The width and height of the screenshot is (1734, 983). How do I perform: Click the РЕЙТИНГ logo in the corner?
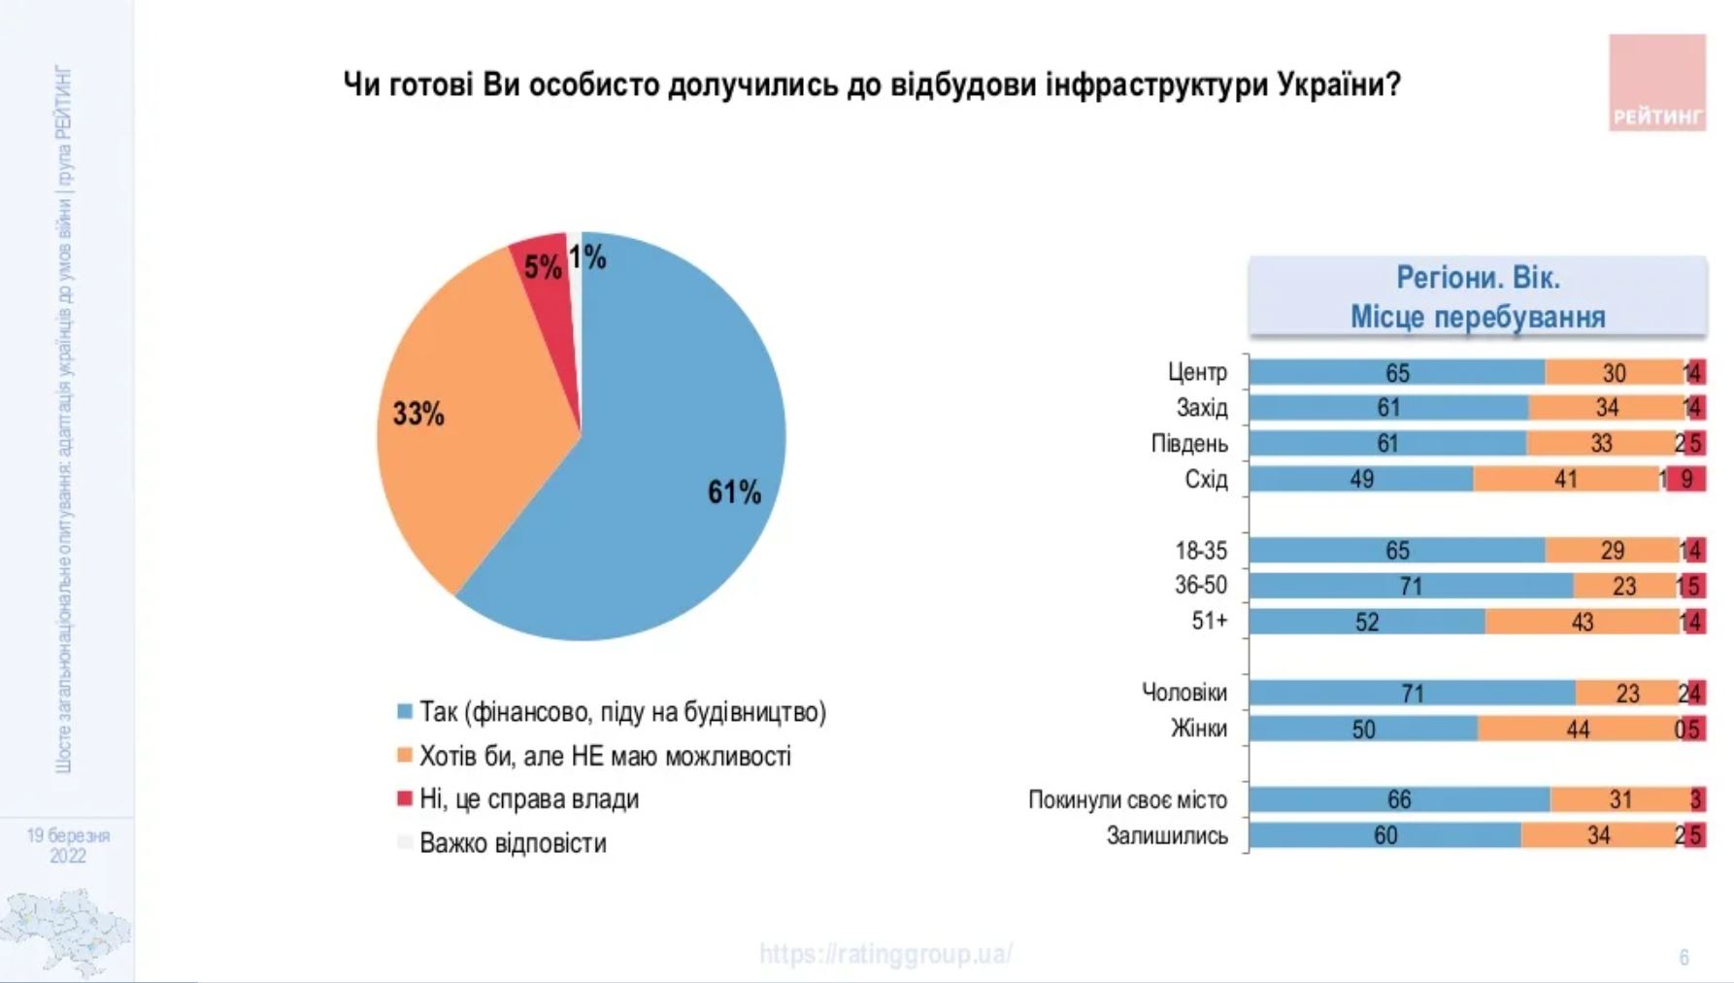(x=1656, y=84)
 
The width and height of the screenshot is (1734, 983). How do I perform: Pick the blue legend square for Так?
(x=405, y=712)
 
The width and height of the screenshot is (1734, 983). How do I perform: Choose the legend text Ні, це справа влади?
(x=529, y=799)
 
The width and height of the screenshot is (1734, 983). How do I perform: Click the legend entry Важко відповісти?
(x=513, y=843)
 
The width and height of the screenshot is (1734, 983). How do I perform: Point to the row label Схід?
(x=1206, y=479)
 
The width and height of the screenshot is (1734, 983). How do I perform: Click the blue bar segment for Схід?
(x=1360, y=479)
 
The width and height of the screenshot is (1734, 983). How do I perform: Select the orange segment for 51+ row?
(x=1582, y=622)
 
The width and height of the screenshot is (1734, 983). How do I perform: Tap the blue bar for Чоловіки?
(x=1412, y=693)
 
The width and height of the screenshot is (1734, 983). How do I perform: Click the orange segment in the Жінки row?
(x=1578, y=729)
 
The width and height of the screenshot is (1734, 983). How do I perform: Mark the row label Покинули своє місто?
(x=1127, y=799)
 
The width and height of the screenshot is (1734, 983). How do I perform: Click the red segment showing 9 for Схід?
(x=1687, y=479)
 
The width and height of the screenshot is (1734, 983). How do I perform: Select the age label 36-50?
(x=1201, y=586)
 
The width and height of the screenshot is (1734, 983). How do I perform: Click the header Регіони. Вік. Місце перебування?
(x=1477, y=297)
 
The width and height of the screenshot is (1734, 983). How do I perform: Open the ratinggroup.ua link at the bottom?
(x=885, y=954)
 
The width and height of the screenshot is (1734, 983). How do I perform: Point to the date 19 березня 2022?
(x=68, y=845)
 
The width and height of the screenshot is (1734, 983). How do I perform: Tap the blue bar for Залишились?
(x=1384, y=835)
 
